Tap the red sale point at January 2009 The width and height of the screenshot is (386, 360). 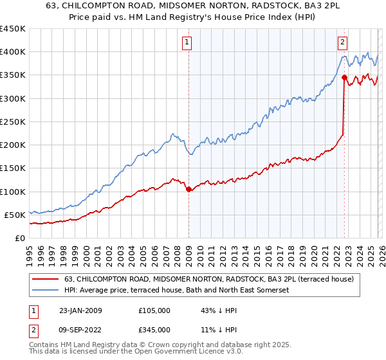coord(188,189)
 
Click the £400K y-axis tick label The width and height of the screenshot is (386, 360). coord(13,52)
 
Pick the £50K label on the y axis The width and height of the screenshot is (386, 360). coord(15,215)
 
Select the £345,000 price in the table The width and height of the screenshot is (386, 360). coord(154,329)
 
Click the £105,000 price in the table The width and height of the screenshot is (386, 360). coord(154,310)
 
